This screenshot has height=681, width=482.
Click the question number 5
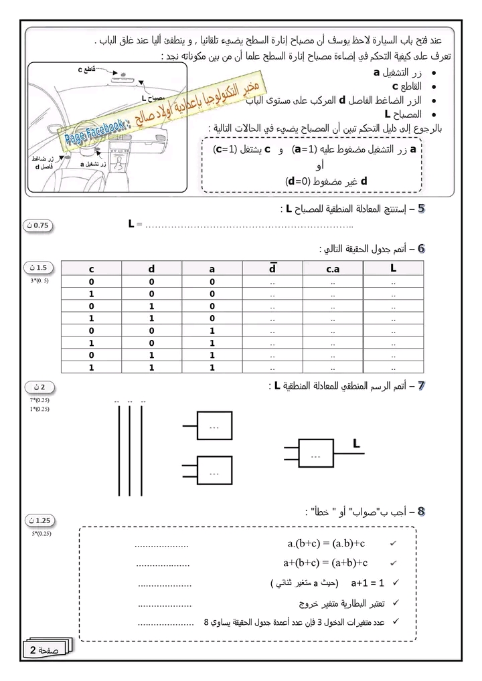[421, 209]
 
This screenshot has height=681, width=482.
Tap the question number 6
[421, 249]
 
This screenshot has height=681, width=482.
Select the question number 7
[421, 386]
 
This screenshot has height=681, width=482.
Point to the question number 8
[421, 512]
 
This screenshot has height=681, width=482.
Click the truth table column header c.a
[333, 269]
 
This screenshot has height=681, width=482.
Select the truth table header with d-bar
[272, 269]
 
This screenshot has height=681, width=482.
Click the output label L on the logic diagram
[356, 443]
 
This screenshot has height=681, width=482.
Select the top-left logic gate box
[214, 427]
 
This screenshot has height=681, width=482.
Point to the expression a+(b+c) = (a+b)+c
[327, 563]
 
